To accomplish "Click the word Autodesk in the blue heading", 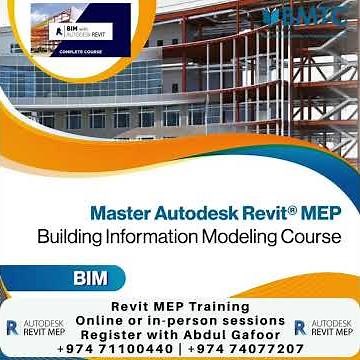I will click(188, 213).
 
